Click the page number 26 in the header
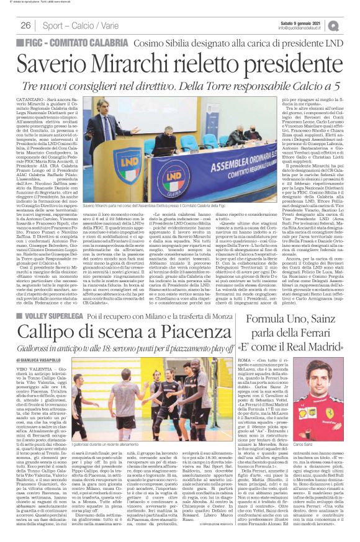pos(26,25)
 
